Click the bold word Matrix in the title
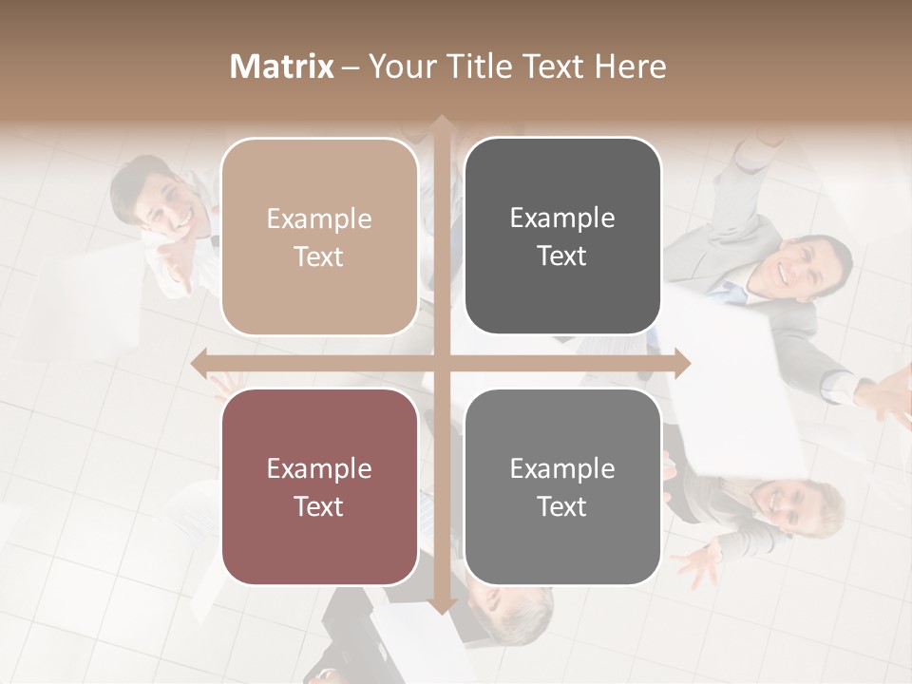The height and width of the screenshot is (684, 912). [x=282, y=66]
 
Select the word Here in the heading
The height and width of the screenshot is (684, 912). [x=630, y=66]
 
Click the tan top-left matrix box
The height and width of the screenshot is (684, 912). [x=319, y=237]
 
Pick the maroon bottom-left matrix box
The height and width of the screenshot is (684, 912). [x=319, y=486]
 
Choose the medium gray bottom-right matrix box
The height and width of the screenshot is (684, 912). [x=562, y=486]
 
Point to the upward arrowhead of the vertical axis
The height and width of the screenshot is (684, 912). [x=441, y=123]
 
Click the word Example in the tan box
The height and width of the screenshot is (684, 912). [x=319, y=218]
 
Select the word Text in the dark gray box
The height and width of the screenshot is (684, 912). [x=562, y=256]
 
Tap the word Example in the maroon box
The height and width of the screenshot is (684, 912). [x=319, y=468]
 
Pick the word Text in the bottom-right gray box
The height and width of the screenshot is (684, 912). [x=562, y=506]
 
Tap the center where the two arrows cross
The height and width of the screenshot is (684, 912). [x=441, y=363]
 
